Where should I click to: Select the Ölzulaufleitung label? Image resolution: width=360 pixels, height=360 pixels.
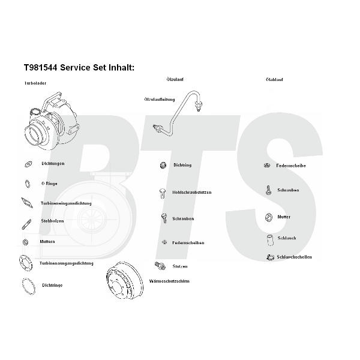(x=159, y=99)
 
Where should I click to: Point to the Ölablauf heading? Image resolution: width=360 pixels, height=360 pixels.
(x=274, y=80)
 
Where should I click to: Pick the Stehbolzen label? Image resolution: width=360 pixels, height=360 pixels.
(x=52, y=221)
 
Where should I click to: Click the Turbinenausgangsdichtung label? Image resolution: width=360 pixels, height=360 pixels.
(x=66, y=263)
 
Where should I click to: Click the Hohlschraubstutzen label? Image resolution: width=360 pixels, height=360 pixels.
(x=191, y=193)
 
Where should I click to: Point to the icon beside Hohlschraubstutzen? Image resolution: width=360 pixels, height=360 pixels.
(x=162, y=193)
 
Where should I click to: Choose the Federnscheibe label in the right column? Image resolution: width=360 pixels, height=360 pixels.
(x=292, y=166)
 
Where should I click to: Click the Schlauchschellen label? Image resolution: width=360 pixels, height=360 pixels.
(x=294, y=257)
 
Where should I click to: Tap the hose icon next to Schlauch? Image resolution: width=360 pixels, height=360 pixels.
(x=267, y=239)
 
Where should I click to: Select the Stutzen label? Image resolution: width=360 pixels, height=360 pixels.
(x=179, y=266)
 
